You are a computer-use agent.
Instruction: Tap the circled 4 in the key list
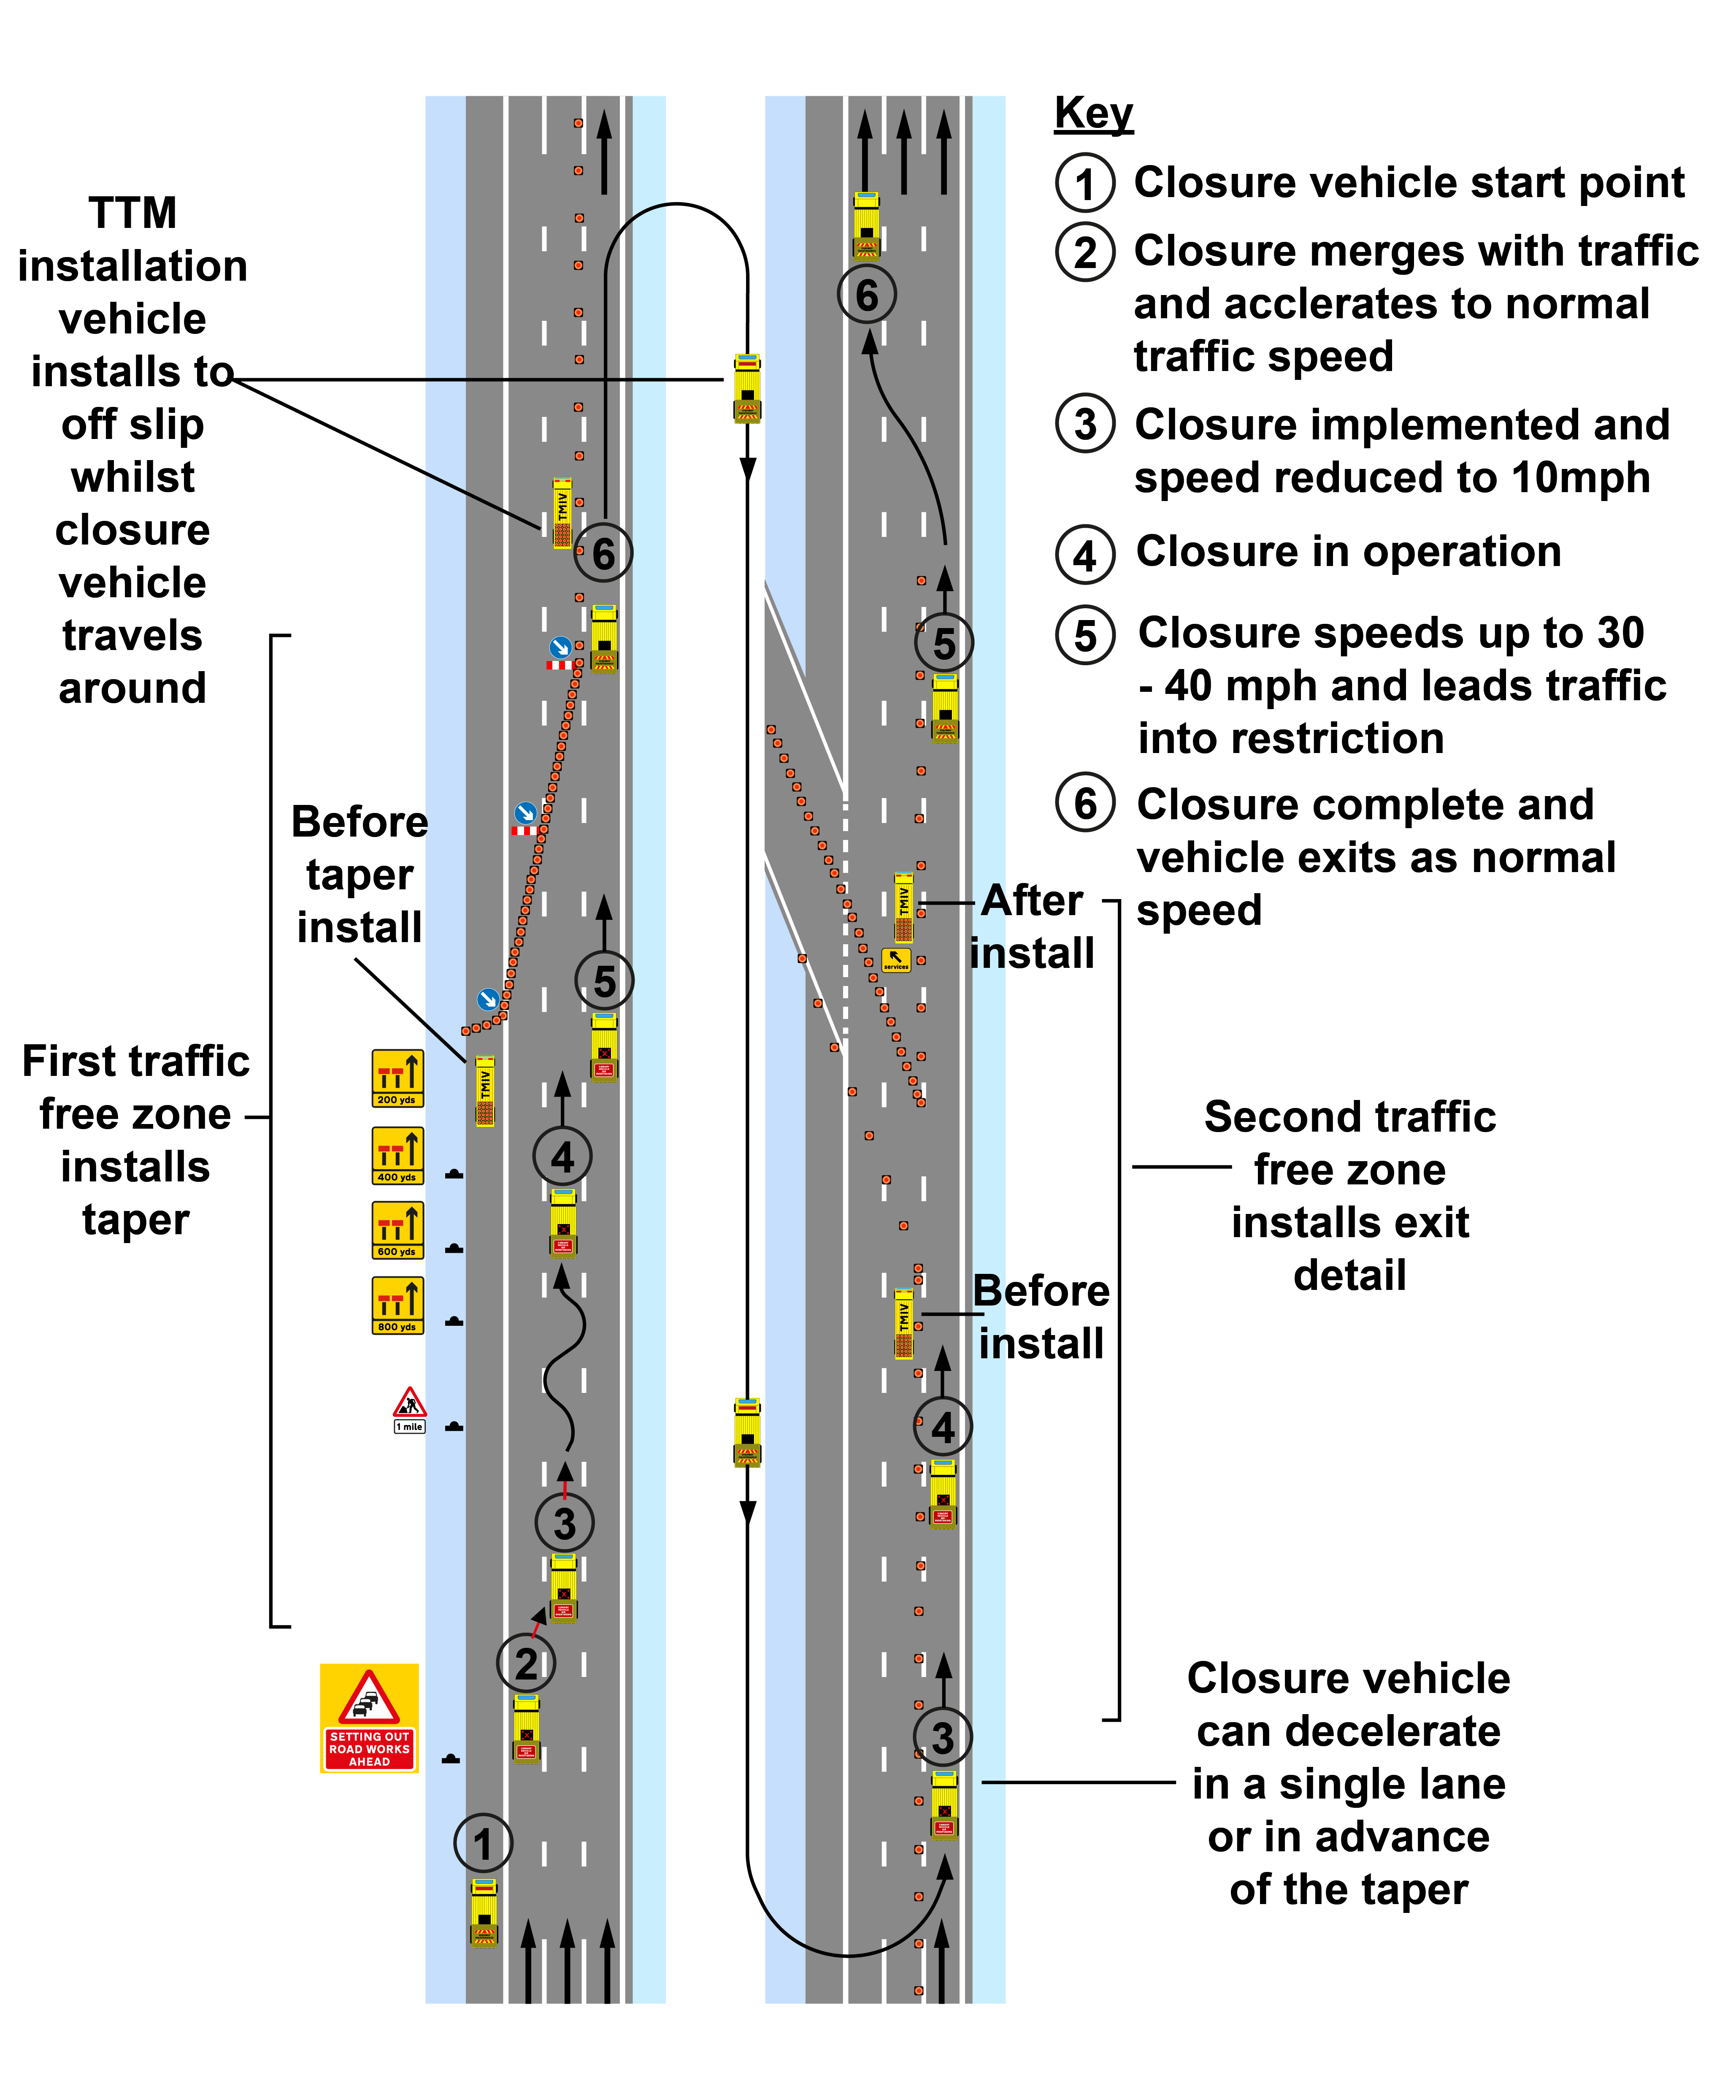[x=1085, y=555]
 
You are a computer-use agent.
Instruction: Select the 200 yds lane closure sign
[x=397, y=1078]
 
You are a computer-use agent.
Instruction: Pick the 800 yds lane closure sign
[x=397, y=1305]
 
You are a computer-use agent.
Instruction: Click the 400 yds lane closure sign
[x=397, y=1155]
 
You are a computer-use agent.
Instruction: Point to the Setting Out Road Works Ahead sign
[x=370, y=1718]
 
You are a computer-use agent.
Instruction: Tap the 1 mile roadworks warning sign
[x=409, y=1409]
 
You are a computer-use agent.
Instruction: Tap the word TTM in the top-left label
[x=132, y=213]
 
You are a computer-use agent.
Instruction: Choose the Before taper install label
[x=360, y=875]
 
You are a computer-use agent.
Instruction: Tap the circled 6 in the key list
[x=1085, y=803]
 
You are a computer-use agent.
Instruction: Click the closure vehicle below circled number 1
[x=484, y=1911]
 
